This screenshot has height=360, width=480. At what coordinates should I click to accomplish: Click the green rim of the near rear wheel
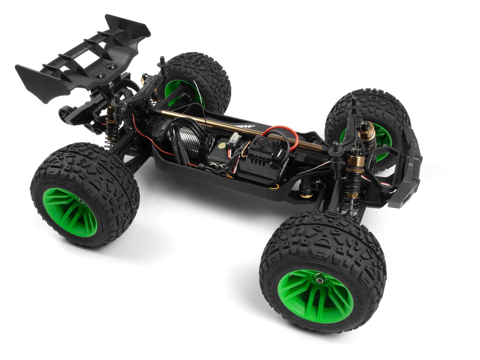(70, 212)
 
